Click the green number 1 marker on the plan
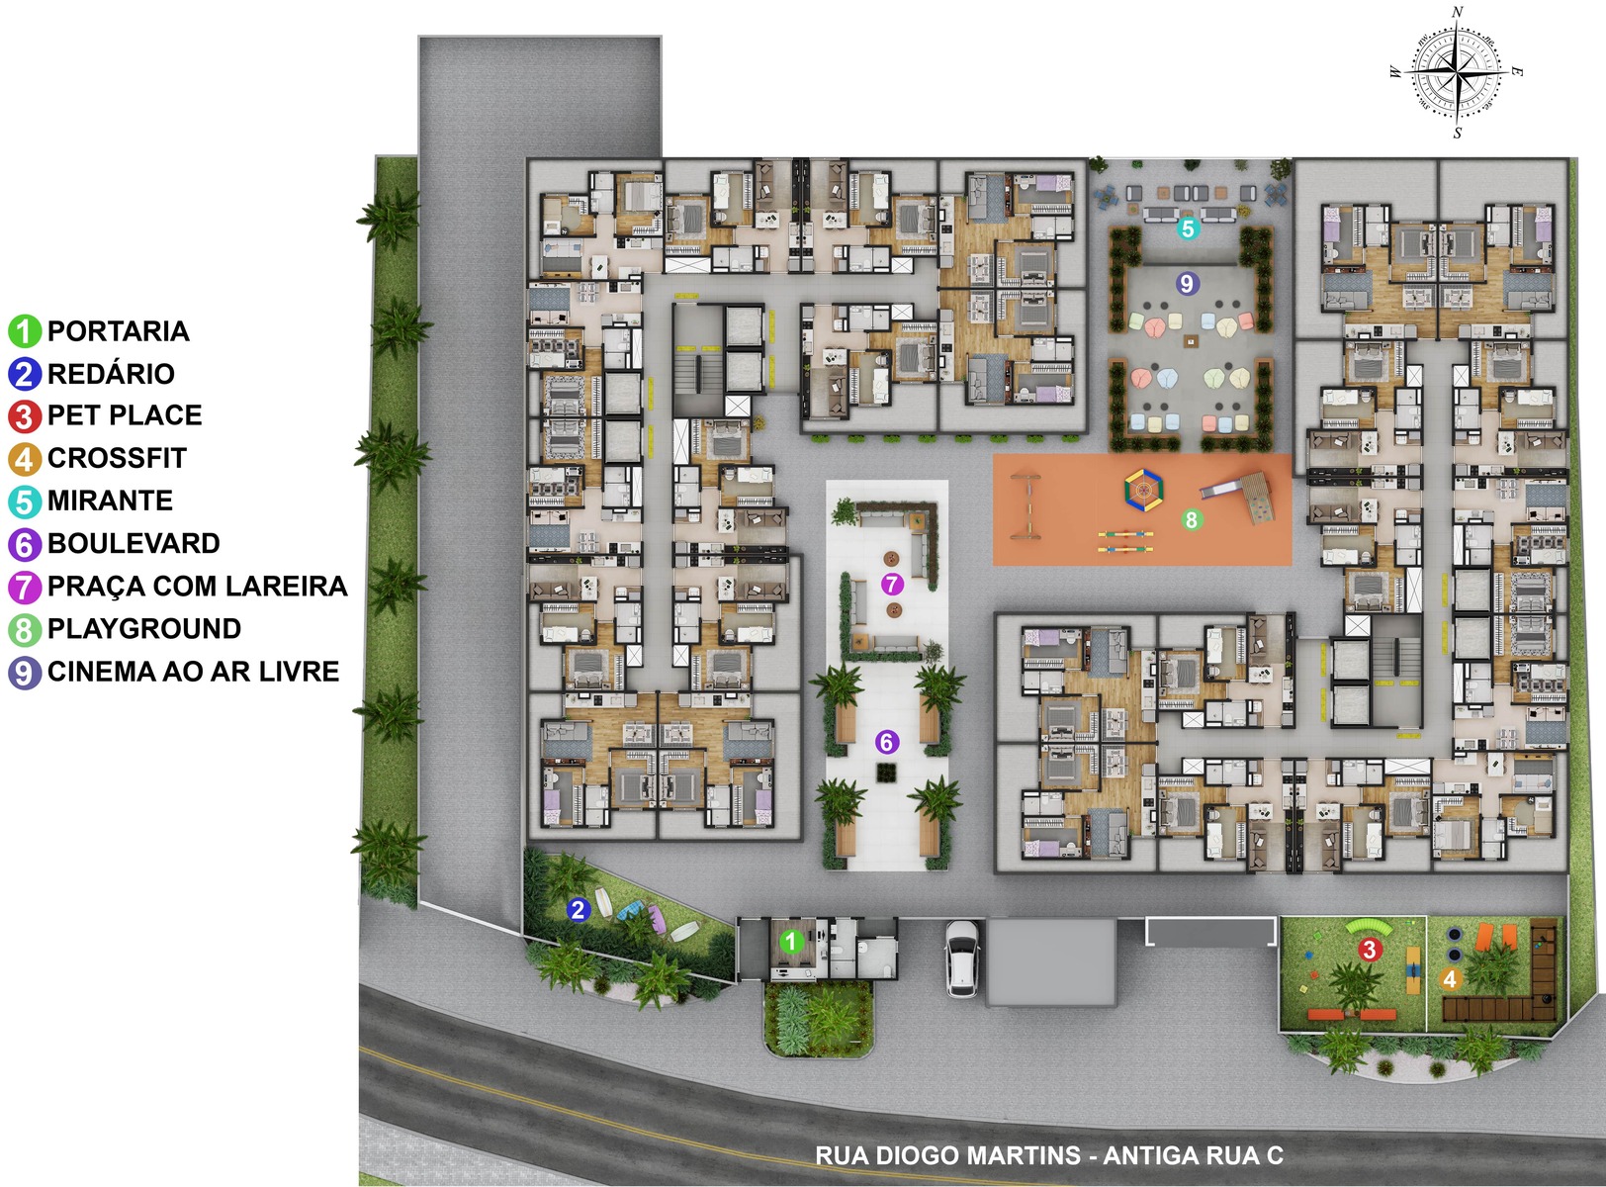click(791, 942)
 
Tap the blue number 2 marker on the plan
click(578, 910)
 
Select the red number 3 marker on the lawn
click(1368, 950)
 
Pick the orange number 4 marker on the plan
click(1449, 979)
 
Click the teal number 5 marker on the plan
click(1187, 228)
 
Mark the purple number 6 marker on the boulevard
click(887, 742)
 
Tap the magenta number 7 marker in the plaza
click(891, 584)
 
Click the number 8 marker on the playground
click(1191, 519)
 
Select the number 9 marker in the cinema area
click(1186, 283)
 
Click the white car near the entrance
click(961, 959)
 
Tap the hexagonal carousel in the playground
click(1144, 491)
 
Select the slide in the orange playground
click(1238, 497)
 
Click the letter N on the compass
click(1458, 12)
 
